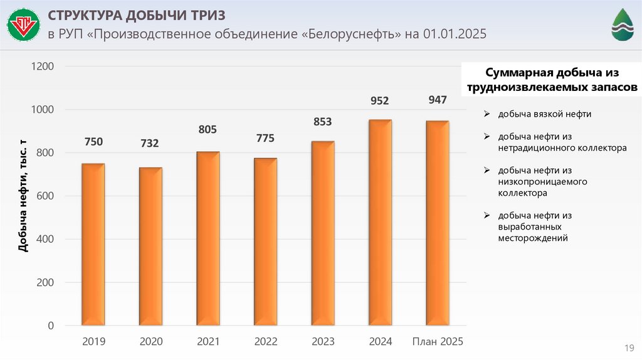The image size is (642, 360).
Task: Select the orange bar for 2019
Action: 93,245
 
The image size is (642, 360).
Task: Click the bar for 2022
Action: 265,242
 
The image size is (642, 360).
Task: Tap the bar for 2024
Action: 380,223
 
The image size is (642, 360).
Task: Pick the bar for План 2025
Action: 437,223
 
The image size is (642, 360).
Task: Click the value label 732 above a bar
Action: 149,144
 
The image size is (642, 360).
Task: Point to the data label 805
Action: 208,130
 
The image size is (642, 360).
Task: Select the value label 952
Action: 380,100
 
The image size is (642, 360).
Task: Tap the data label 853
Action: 322,122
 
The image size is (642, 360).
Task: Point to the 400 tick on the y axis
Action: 46,240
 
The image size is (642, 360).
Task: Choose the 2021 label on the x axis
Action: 208,342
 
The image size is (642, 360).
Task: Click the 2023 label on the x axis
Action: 322,342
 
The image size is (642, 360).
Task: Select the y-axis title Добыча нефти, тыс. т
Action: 23,197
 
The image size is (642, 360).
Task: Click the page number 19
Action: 628,347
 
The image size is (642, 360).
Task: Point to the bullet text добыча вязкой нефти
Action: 544,114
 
